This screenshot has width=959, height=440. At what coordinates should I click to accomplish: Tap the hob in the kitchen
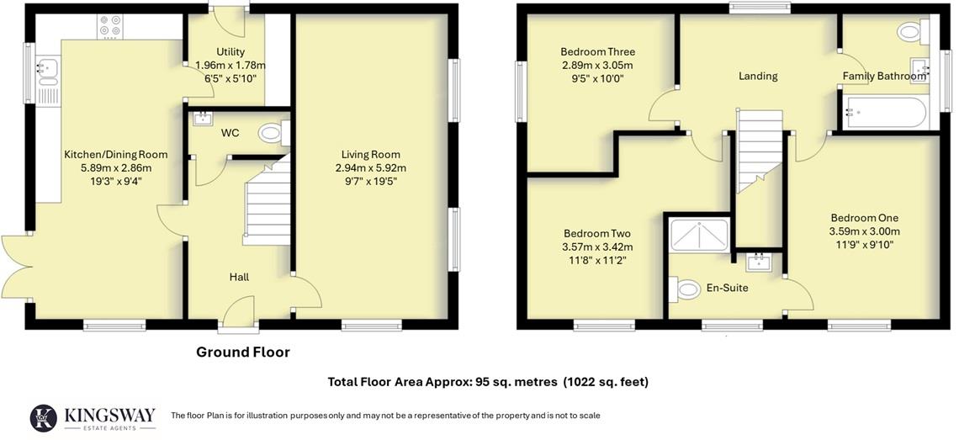coord(109,26)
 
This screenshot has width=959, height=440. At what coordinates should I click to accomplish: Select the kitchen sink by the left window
coord(47,71)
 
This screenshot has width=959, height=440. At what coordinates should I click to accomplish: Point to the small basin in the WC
coord(202,119)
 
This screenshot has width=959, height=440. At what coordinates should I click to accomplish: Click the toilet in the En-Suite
coord(685,290)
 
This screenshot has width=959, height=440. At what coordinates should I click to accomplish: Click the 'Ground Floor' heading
coord(243,353)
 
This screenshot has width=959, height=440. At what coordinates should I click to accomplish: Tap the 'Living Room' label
coord(371,154)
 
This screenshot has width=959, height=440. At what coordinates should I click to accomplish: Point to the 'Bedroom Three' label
coord(596,51)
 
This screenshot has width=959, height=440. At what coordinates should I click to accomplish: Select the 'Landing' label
coord(758,76)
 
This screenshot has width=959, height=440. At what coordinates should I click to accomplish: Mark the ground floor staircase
coord(268,206)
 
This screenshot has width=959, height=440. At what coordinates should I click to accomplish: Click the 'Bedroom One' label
coord(864,217)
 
